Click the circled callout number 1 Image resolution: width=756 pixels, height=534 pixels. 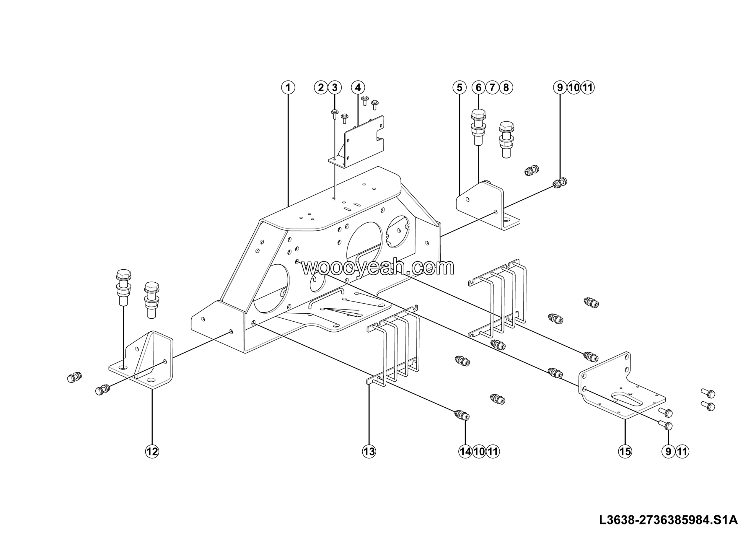[x=288, y=88]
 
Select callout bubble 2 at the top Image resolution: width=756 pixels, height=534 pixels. [x=321, y=88]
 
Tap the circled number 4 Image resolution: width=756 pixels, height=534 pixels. [x=358, y=88]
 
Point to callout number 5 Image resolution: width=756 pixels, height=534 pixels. [x=460, y=88]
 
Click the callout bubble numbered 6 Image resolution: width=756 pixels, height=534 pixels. [x=479, y=88]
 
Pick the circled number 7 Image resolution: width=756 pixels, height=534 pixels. [x=492, y=88]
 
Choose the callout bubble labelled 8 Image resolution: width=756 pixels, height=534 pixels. [x=506, y=88]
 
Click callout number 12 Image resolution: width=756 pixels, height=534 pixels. [x=152, y=451]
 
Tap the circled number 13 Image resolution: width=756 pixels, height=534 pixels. [x=369, y=451]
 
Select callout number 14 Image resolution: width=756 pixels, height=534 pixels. [x=465, y=451]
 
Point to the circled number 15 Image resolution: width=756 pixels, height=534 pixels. [x=625, y=451]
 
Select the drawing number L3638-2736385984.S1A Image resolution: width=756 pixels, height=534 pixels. [x=668, y=520]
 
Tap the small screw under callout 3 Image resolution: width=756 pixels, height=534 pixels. [x=335, y=113]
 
